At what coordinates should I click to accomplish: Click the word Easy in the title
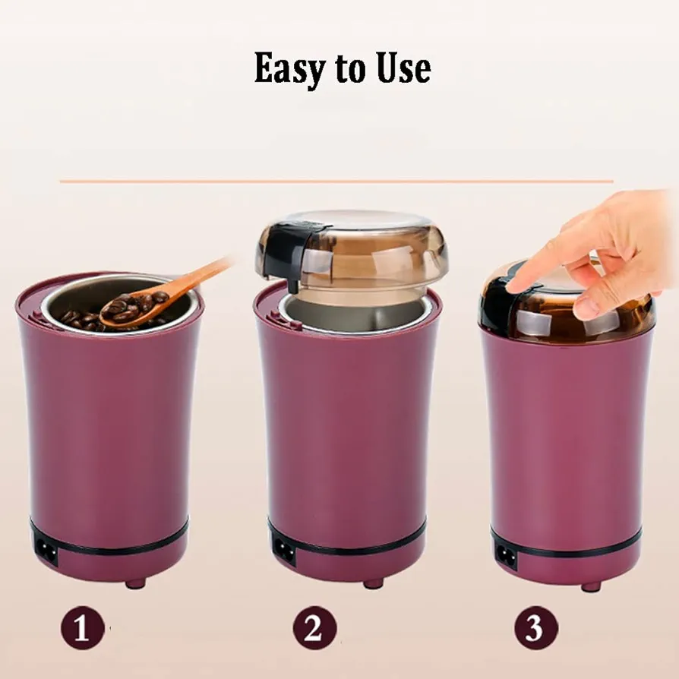pos(289,68)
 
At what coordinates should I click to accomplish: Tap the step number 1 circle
pos(82,628)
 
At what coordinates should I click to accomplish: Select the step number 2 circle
pos(315,627)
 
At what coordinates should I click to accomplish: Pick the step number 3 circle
pos(536,627)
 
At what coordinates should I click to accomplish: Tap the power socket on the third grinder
pos(506,553)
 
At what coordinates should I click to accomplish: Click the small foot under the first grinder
pos(135,584)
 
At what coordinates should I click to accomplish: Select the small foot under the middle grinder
pos(373,584)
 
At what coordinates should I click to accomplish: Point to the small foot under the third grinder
pos(591,587)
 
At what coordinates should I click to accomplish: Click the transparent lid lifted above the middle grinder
pos(352,249)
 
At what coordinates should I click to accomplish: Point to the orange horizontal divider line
pos(336,181)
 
